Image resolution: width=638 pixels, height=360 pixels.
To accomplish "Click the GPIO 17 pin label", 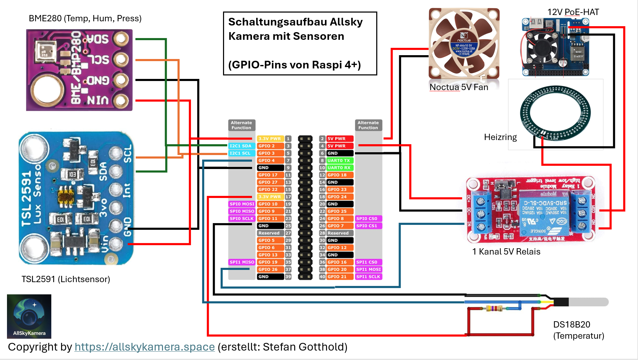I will click(x=268, y=175).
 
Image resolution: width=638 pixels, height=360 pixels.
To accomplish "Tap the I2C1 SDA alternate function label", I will click(x=240, y=146).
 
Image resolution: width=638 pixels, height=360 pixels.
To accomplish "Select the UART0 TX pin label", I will click(x=339, y=161).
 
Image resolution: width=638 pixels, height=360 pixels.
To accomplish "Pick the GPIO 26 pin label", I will click(x=268, y=270).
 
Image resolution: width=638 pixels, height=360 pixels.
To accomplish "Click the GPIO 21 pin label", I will click(x=337, y=277).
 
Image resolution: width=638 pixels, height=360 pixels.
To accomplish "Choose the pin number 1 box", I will click(x=288, y=139).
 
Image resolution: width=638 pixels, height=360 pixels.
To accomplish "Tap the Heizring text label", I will click(x=500, y=137).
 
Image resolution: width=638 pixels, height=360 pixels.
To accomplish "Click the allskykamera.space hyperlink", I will click(x=144, y=347).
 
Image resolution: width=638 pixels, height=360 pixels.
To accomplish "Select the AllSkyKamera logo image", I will click(x=29, y=316).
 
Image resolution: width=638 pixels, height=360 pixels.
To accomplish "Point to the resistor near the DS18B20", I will click(x=493, y=308).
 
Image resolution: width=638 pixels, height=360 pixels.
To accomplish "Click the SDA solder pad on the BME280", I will click(x=121, y=38).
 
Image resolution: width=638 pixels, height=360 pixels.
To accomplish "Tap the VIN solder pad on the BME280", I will click(x=121, y=101).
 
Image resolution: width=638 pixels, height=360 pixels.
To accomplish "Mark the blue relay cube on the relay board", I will click(x=543, y=210).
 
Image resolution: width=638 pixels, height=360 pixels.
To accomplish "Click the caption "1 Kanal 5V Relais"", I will click(x=506, y=252).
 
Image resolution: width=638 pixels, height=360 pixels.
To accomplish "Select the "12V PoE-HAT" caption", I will click(x=573, y=12).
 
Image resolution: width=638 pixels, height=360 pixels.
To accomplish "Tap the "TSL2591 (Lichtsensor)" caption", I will click(x=66, y=279).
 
